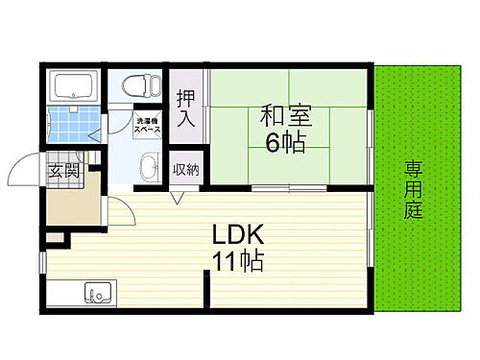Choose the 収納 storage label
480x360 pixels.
tap(186, 170)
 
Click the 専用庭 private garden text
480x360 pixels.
tap(413, 189)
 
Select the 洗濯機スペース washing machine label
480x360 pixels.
tap(149, 125)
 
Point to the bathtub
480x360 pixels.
tap(73, 87)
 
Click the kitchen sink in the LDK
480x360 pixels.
tap(97, 291)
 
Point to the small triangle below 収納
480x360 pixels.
tap(178, 199)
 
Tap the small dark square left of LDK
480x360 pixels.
tap(54, 234)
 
